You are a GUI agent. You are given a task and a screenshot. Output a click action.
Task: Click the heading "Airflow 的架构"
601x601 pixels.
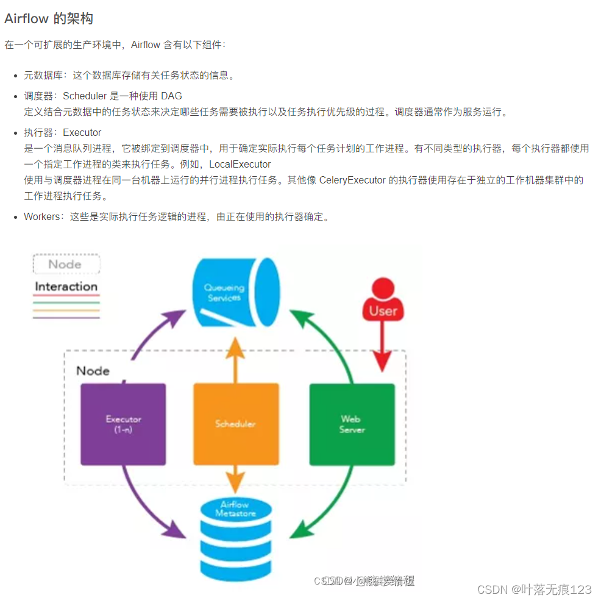(49, 19)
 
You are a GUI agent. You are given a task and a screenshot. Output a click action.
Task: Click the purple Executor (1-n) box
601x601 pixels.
(123, 424)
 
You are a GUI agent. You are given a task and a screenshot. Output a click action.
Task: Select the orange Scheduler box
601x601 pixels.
(236, 424)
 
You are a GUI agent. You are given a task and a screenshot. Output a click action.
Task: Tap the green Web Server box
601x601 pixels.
(352, 424)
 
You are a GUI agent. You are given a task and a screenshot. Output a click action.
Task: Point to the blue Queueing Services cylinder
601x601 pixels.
(235, 291)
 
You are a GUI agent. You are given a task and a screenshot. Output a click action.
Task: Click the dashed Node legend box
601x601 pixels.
(65, 264)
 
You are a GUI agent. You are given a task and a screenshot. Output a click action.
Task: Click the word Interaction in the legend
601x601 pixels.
(66, 286)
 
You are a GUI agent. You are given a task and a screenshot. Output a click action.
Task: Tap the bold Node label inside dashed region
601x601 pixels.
(93, 371)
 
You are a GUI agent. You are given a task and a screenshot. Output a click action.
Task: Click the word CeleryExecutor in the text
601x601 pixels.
(352, 180)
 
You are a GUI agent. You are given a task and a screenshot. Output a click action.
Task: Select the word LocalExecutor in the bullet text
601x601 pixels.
(240, 164)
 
